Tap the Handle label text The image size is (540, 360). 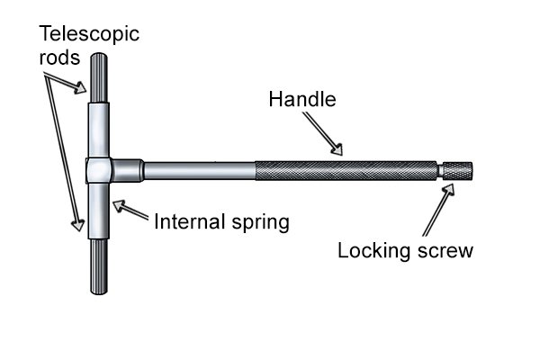[301, 99]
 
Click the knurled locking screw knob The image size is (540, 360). [457, 169]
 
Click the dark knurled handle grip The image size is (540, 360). [346, 170]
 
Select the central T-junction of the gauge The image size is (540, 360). [99, 170]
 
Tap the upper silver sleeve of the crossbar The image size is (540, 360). [99, 130]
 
